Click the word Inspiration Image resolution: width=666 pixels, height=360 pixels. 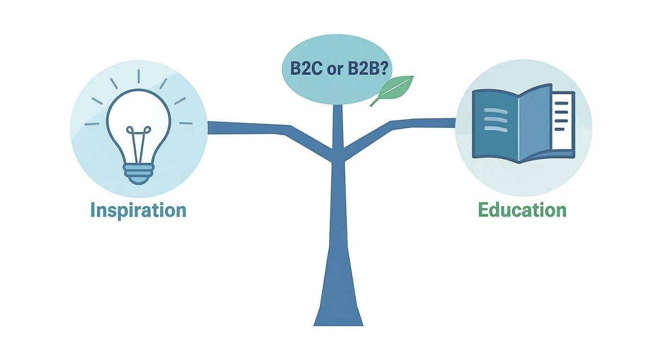[138, 210]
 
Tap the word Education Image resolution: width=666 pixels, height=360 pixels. [522, 210]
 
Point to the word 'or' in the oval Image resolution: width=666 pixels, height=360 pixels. [333, 70]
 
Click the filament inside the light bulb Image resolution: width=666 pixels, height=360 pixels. [139, 141]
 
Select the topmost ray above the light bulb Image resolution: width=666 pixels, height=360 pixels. [139, 76]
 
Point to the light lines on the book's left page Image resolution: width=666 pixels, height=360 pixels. [495, 118]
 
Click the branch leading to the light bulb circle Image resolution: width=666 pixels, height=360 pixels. [249, 128]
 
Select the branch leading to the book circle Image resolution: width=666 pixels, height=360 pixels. [421, 123]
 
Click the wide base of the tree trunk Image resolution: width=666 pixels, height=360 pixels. [338, 306]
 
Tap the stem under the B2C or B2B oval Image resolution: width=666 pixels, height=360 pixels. [338, 124]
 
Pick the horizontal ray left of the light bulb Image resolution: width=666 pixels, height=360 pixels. [92, 124]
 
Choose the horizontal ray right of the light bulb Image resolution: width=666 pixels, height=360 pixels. [185, 123]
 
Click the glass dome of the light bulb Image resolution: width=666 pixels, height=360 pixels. [139, 115]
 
